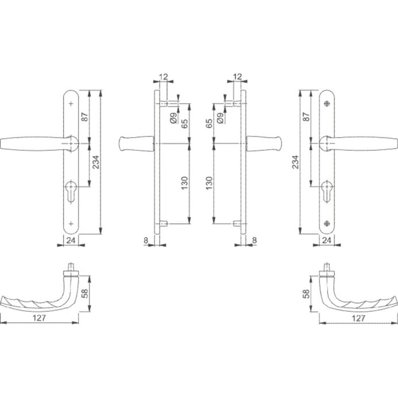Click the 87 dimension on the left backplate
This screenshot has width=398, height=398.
point(85,116)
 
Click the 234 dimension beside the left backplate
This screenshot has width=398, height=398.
point(96,162)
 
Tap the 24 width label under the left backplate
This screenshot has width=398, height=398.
point(71,240)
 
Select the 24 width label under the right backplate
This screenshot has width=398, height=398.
point(326,240)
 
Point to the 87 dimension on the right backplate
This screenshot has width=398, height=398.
point(306,116)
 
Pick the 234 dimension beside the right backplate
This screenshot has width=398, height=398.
point(296,162)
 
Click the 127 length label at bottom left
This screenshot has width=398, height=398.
point(39,318)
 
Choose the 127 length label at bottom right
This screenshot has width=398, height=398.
point(358,318)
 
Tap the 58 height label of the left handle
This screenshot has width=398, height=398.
point(85,294)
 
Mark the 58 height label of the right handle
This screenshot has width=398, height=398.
point(306,294)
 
